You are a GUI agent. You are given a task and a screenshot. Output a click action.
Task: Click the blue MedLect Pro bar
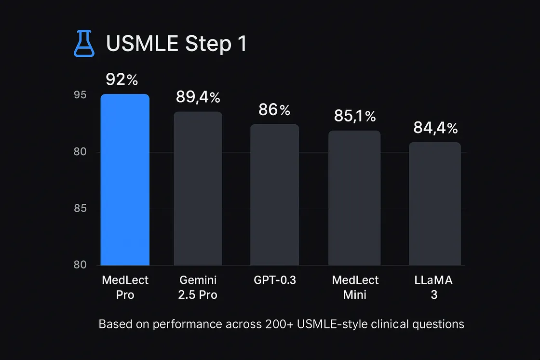pos(125,180)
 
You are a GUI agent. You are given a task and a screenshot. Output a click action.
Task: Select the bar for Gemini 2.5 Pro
pos(198,188)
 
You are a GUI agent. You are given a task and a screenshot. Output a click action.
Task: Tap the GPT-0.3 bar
pos(275,195)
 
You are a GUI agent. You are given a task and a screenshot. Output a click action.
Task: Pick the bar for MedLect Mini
pos(354,198)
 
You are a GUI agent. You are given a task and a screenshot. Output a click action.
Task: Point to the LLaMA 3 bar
pos(435,204)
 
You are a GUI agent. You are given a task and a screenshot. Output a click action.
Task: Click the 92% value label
pos(122,80)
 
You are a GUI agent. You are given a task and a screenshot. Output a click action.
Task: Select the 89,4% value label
pos(198,97)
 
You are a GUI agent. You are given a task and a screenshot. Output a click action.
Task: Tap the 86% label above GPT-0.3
pos(274,110)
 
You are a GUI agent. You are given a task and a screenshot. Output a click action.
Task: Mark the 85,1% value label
pos(355,116)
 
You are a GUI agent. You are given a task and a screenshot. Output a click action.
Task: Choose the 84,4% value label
pos(436,128)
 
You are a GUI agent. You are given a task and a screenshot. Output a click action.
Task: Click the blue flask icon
pos(84,43)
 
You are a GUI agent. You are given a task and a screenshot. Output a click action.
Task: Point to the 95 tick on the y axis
pos(80,94)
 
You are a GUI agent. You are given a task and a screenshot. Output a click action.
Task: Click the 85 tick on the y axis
pos(80,208)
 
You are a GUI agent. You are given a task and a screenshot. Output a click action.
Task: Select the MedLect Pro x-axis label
pos(125,287)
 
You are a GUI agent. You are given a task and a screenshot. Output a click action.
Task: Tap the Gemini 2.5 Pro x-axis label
pos(198,287)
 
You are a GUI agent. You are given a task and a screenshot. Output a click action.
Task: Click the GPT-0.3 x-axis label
pos(275,280)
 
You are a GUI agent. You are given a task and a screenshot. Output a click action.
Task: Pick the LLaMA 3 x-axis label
pos(433,287)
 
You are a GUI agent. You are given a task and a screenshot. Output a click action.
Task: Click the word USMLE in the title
pos(142,44)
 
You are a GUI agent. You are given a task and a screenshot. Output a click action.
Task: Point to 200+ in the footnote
pos(279,324)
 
